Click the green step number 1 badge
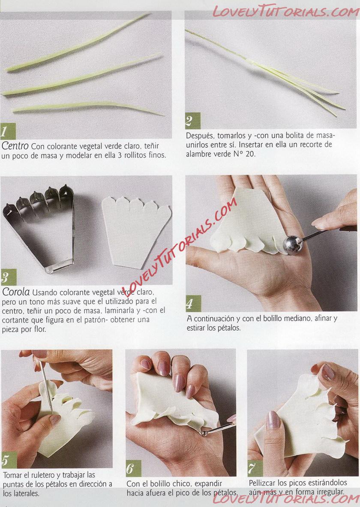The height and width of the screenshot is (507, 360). pos(8,131)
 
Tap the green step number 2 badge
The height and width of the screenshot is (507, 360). pos(192,121)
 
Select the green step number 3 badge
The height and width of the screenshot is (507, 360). pos(9,277)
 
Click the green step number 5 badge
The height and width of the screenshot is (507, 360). pos(9,460)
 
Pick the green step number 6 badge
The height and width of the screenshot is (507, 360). pos(133,468)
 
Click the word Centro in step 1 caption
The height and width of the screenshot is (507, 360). pos(15,146)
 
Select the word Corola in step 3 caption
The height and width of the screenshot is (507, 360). pos(16,292)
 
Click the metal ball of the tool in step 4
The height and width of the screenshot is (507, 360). pos(293,245)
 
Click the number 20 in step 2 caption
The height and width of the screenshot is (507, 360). pos(250,154)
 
